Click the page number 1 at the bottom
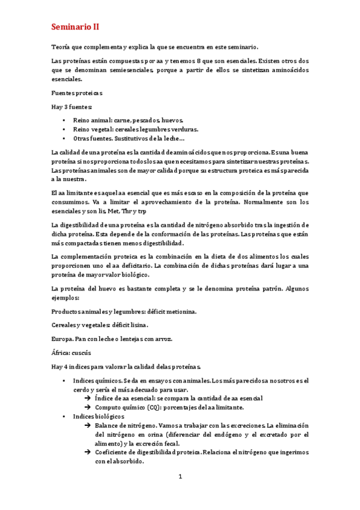click(x=180, y=477)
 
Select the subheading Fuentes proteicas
click(x=77, y=93)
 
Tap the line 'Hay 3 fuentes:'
click(x=72, y=106)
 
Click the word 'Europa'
click(x=63, y=339)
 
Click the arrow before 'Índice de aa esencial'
click(x=88, y=398)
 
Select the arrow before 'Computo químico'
click(x=88, y=407)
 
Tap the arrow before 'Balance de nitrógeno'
click(x=88, y=425)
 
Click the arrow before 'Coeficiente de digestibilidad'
click(x=88, y=453)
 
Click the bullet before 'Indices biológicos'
click(x=64, y=416)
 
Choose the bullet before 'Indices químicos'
click(x=64, y=381)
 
